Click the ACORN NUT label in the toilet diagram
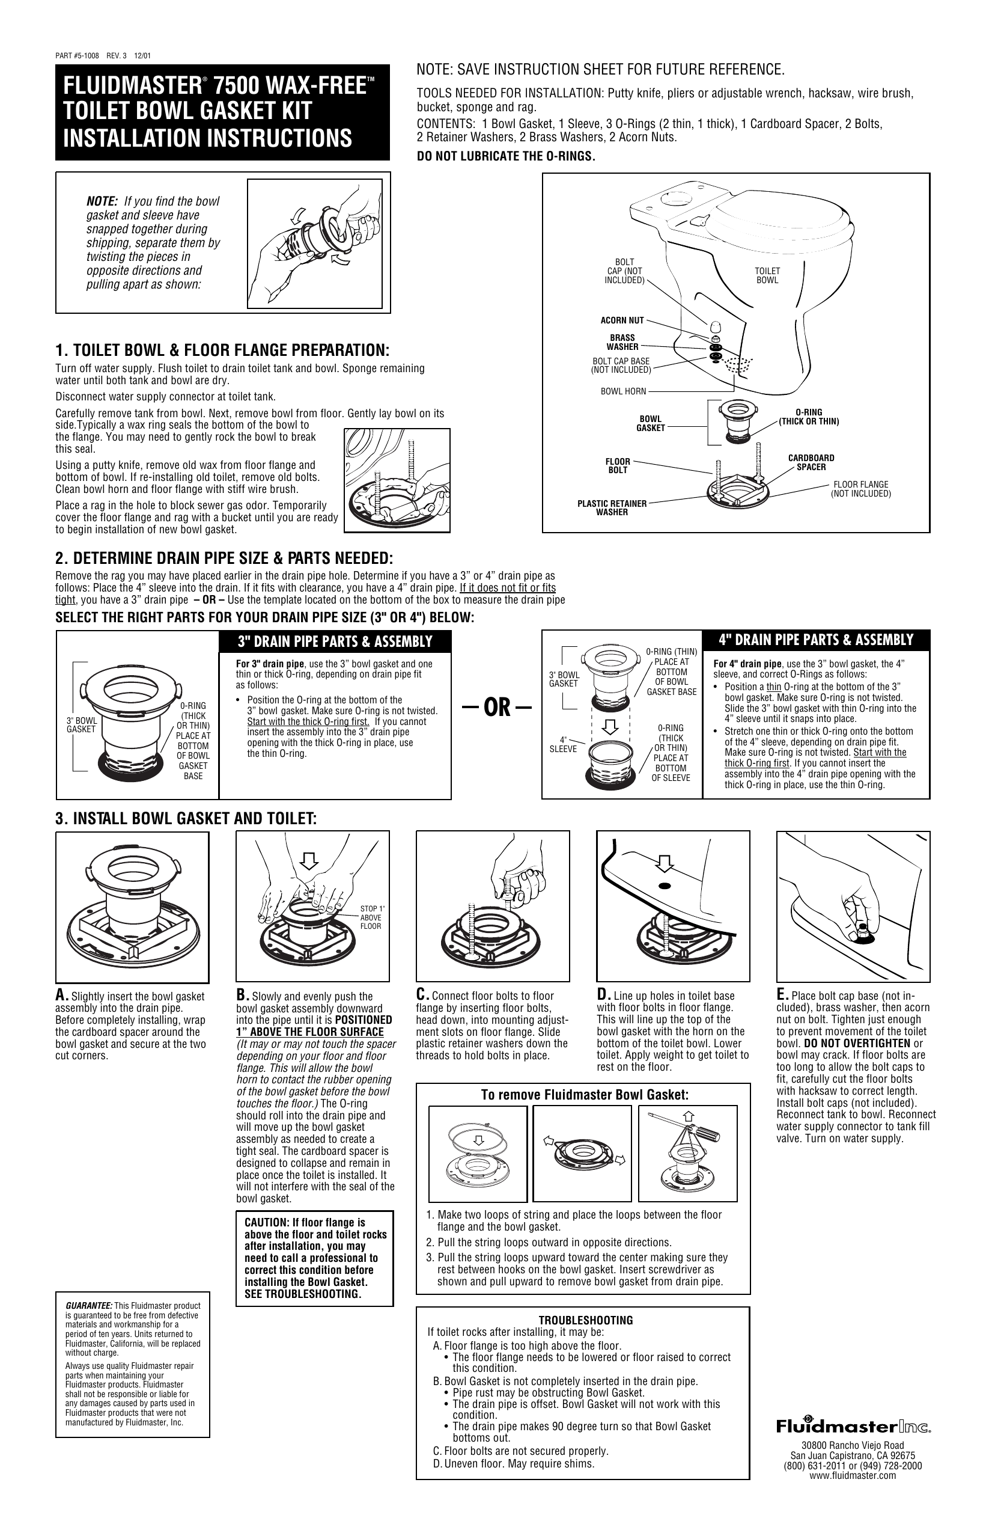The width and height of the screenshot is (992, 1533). (x=622, y=320)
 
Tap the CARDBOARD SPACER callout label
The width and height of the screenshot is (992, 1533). (x=811, y=462)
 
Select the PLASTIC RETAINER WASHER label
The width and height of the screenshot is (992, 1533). (x=612, y=507)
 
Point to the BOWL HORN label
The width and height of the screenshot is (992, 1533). (x=622, y=391)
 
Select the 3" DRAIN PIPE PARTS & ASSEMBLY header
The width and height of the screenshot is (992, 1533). (x=335, y=641)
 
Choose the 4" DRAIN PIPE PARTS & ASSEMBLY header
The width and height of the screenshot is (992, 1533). (x=815, y=640)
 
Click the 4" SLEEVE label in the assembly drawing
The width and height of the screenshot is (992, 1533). (x=562, y=745)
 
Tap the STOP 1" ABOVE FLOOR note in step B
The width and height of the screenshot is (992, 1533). (x=371, y=917)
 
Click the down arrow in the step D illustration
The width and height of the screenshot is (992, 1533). (x=666, y=862)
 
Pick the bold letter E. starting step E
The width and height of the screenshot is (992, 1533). (x=783, y=994)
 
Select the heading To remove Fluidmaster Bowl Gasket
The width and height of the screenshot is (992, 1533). (x=585, y=1094)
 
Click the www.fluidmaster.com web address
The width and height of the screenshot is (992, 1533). (x=853, y=1476)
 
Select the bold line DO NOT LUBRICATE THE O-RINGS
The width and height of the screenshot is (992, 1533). (x=506, y=156)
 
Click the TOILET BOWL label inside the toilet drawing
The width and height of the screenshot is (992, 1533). (x=767, y=276)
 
